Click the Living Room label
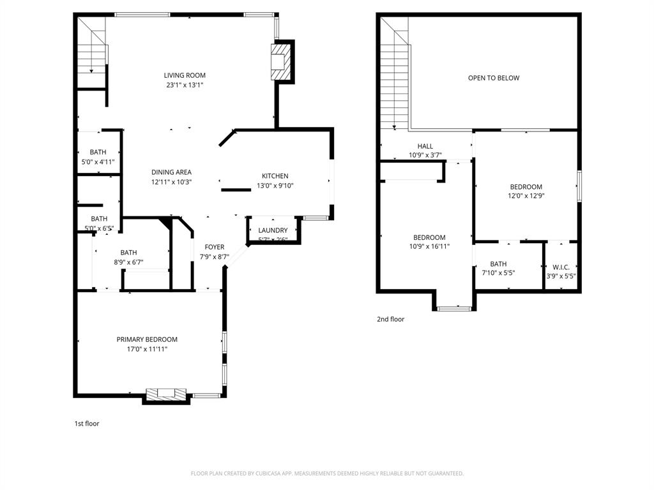coord(185,75)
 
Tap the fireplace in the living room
coord(281,62)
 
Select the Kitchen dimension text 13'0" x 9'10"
coord(275,186)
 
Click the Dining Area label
coord(171,172)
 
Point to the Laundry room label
coord(273,230)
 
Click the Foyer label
coord(214,247)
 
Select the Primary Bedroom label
coord(147,339)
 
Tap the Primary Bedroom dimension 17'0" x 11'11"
coord(147,349)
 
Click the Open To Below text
coord(494,78)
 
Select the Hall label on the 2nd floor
coord(425,146)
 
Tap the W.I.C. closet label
coord(561,267)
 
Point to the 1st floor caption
coord(87,423)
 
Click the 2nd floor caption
coord(390,319)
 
